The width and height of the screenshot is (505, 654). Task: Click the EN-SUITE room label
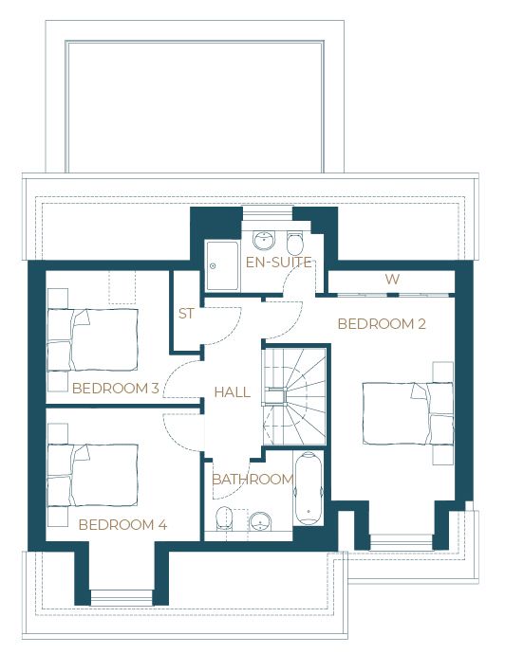pyautogui.click(x=279, y=263)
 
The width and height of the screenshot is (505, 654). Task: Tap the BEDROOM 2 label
pyautogui.click(x=382, y=323)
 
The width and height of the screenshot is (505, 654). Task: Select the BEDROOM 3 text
pyautogui.click(x=115, y=389)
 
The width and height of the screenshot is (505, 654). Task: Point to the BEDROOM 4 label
pyautogui.click(x=122, y=525)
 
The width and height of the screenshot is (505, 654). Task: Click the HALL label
pyautogui.click(x=233, y=392)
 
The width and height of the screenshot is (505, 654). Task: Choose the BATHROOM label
pyautogui.click(x=252, y=480)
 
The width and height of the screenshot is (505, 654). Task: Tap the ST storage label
pyautogui.click(x=186, y=313)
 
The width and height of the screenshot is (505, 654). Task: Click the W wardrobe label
pyautogui.click(x=392, y=279)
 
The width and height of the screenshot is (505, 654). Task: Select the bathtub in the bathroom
pyautogui.click(x=309, y=488)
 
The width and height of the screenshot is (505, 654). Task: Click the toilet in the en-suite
pyautogui.click(x=295, y=244)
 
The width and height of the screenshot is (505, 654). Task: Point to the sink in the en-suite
pyautogui.click(x=264, y=240)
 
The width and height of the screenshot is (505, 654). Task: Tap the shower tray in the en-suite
pyautogui.click(x=222, y=265)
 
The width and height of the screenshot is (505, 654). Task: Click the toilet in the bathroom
pyautogui.click(x=224, y=518)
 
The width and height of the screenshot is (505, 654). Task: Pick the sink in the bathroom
pyautogui.click(x=260, y=521)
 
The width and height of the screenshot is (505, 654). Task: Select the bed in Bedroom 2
pyautogui.click(x=408, y=413)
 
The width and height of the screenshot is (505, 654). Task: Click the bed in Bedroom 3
pyautogui.click(x=92, y=340)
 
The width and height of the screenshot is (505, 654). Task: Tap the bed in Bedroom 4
pyautogui.click(x=92, y=475)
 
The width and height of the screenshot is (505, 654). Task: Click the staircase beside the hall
pyautogui.click(x=295, y=396)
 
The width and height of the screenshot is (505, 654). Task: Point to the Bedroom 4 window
pyautogui.click(x=122, y=597)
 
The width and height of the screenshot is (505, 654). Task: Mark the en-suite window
pyautogui.click(x=268, y=213)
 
